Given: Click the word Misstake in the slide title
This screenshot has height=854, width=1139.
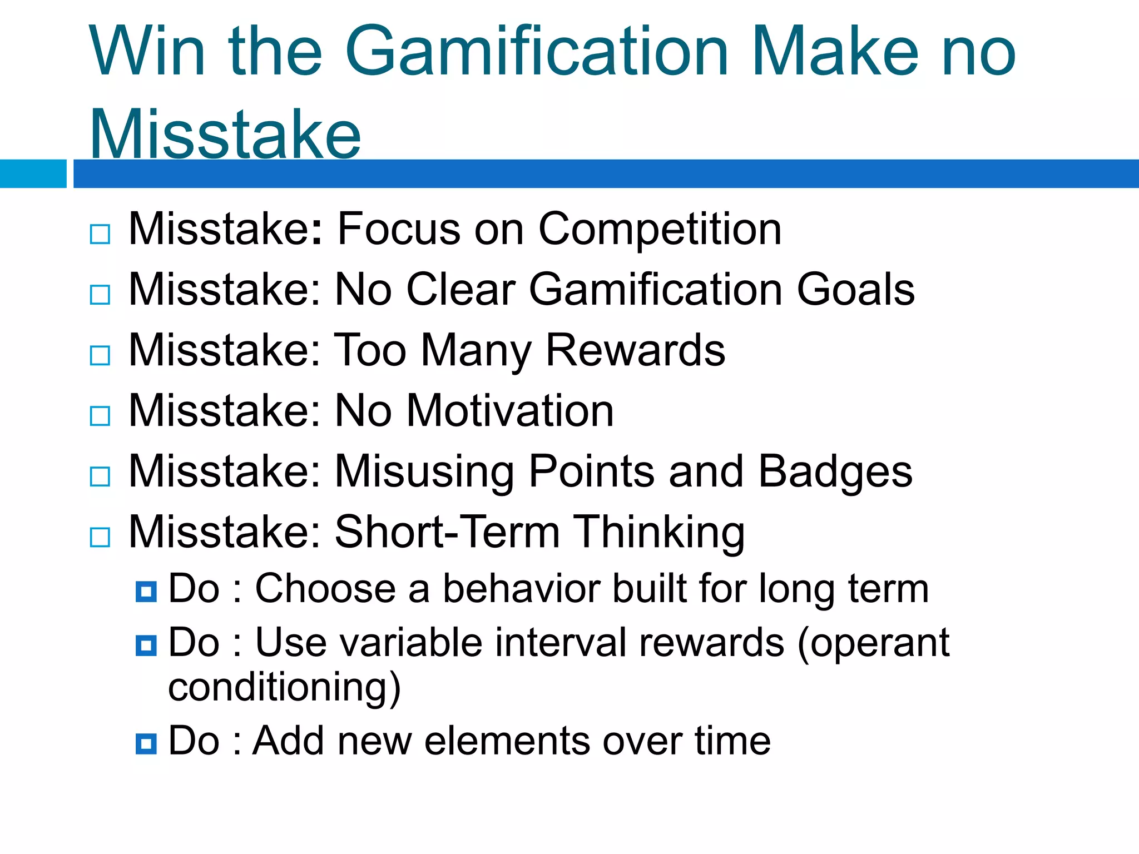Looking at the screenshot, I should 225,135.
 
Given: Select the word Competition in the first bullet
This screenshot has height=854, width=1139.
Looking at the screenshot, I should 660,230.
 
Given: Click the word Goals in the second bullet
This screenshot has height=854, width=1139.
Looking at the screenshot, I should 856,290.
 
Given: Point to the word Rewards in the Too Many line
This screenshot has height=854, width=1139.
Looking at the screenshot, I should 635,350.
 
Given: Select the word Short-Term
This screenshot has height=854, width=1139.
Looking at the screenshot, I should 447,532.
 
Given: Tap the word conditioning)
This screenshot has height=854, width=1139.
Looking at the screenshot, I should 284,688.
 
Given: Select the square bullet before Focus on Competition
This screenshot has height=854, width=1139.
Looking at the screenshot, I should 100,234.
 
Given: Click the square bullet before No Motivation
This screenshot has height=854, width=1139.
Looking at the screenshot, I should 100,416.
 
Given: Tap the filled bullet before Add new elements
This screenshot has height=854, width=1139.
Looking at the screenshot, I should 146,743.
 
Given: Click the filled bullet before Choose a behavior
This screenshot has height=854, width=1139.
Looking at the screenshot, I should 146,592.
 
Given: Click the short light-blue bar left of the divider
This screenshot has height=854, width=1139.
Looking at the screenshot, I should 33,173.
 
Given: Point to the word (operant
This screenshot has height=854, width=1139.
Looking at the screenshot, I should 873,644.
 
